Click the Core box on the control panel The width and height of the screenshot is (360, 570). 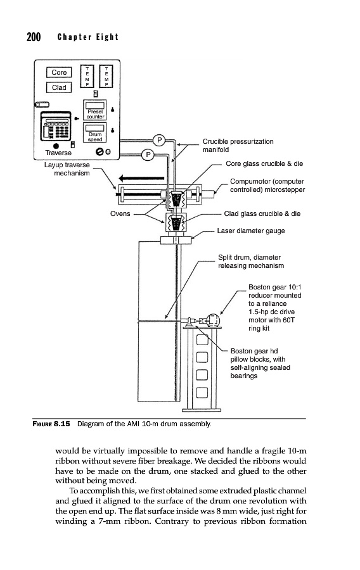point(59,72)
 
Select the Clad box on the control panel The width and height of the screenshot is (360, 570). point(59,87)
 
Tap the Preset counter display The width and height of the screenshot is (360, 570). point(95,110)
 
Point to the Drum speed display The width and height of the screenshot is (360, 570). point(95,132)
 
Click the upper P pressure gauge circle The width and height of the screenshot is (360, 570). point(159,140)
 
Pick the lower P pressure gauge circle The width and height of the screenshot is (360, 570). point(148,155)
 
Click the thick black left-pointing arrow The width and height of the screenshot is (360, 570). point(141,179)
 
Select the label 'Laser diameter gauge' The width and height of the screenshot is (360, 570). point(251,231)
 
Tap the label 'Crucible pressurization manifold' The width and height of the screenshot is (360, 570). point(238,146)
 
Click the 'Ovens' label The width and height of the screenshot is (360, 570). point(120,214)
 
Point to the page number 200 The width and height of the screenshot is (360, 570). point(34,37)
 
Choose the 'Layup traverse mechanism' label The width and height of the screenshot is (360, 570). point(67,169)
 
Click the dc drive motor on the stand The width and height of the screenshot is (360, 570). point(212,320)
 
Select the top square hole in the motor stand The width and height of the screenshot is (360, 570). point(202,340)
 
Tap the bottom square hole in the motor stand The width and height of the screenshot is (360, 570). point(202,393)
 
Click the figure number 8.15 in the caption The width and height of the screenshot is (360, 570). point(62,424)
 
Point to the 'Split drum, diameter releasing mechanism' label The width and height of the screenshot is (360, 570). point(251,262)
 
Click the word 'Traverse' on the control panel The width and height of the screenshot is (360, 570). point(58,153)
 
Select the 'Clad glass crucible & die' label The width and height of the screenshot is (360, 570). point(262,214)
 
